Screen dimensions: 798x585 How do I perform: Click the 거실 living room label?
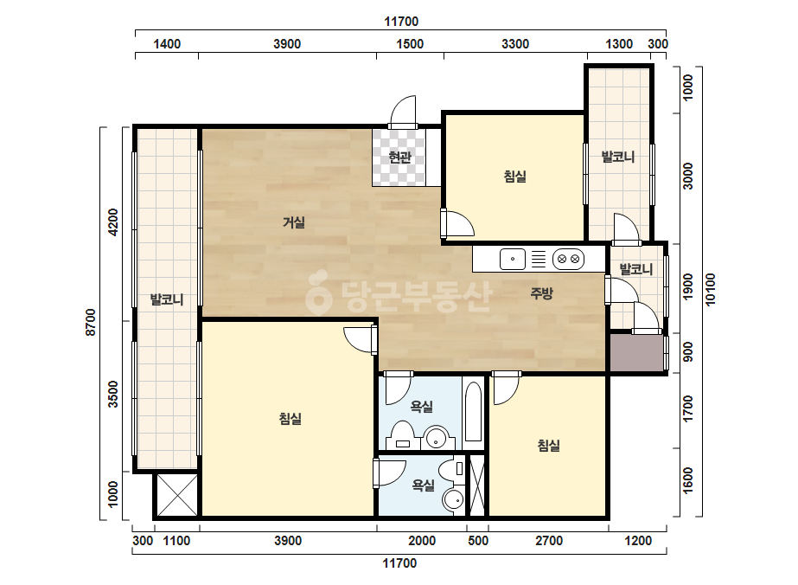click(294, 222)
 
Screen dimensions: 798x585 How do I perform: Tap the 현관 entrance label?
click(399, 157)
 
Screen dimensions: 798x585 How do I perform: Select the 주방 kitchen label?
click(541, 293)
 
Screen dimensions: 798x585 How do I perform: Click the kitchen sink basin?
click(513, 259)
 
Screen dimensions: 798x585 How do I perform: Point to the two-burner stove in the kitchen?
click(569, 259)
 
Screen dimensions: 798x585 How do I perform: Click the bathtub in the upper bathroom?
click(473, 412)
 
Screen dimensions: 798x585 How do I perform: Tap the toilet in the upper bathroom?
click(403, 435)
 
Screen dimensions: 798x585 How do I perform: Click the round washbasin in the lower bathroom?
click(453, 500)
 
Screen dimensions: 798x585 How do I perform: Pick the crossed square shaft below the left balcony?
click(176, 495)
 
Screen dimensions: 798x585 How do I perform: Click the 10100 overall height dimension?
click(711, 290)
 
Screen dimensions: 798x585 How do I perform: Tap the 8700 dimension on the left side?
click(91, 322)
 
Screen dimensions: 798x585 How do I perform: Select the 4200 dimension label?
click(113, 222)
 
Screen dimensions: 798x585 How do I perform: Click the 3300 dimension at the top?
click(515, 44)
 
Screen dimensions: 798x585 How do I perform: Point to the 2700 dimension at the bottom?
click(549, 541)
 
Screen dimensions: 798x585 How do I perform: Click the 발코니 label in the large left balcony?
click(167, 299)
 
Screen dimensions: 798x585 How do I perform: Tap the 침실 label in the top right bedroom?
click(514, 177)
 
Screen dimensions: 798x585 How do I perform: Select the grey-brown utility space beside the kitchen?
click(636, 352)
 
